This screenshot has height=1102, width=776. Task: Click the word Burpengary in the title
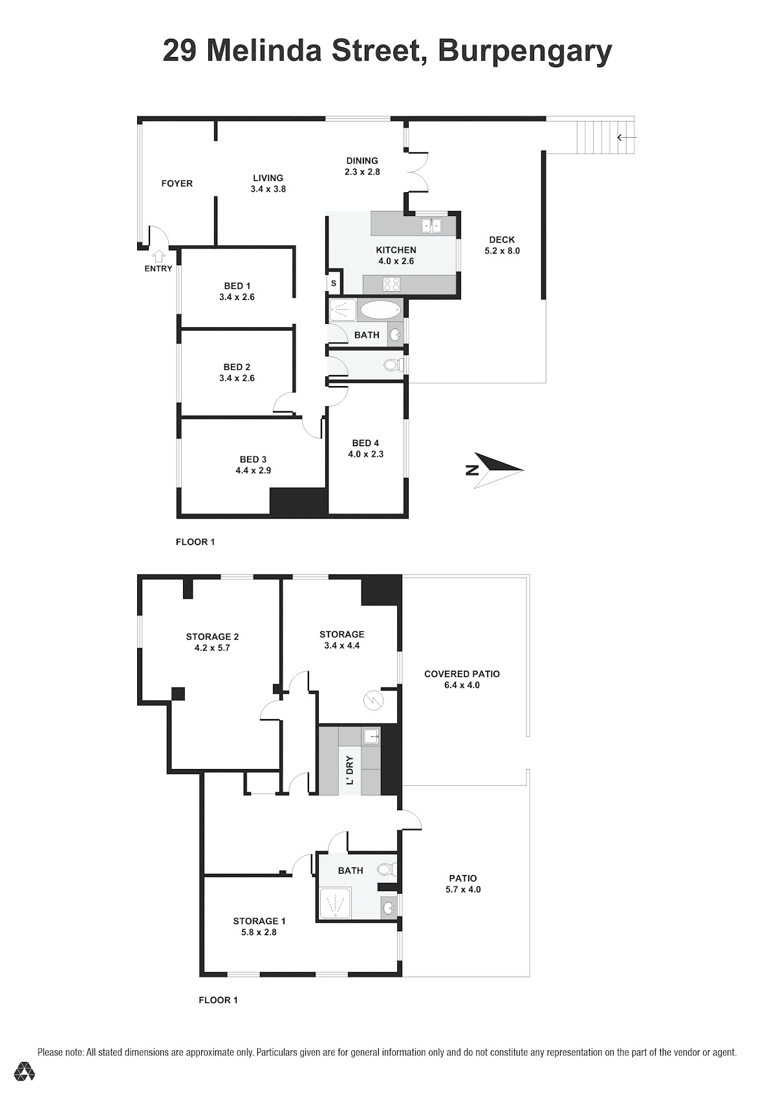[x=524, y=52]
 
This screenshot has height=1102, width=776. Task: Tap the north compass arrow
[x=499, y=470]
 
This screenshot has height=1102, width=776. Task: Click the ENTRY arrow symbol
[x=158, y=256]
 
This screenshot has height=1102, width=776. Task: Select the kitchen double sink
[x=431, y=226]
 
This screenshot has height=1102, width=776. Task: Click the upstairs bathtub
[x=381, y=310]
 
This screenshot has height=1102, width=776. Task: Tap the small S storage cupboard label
[x=333, y=283]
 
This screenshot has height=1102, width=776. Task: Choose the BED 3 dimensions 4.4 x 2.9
[x=253, y=470]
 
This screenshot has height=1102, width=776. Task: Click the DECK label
[x=501, y=239]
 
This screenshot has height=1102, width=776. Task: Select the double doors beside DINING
[x=418, y=171]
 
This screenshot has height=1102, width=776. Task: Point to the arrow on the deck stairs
[x=627, y=138]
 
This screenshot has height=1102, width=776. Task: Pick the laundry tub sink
[x=372, y=737]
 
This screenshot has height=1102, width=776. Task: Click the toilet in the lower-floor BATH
[x=387, y=869]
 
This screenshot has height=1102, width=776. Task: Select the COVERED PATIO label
[x=462, y=674]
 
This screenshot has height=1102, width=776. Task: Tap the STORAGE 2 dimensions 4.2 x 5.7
[x=212, y=648]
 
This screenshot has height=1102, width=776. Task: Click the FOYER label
[x=177, y=184]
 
